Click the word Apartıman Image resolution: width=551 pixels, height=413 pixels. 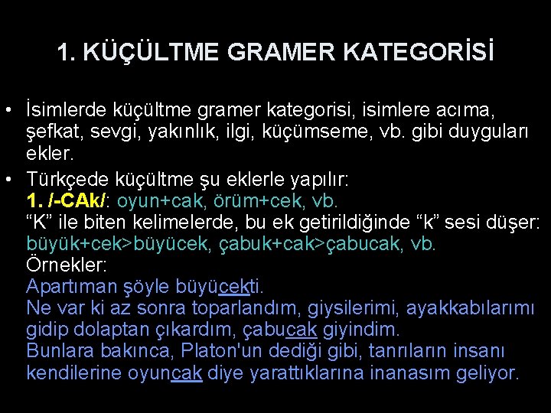pyautogui.click(x=70, y=288)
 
